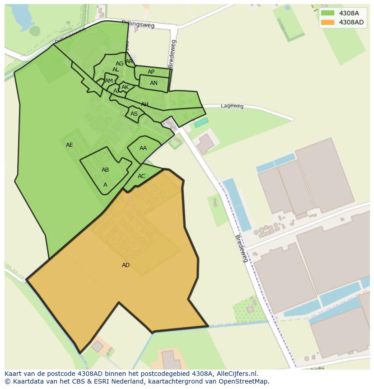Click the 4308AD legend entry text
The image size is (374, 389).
tap(351, 22)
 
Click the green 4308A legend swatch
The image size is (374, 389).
tap(327, 13)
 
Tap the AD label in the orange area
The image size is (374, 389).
tap(126, 265)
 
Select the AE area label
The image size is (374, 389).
tap(69, 145)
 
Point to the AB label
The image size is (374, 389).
tap(105, 170)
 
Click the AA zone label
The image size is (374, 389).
tap(143, 148)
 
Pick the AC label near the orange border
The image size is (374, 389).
tap(141, 176)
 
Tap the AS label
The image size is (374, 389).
tap(134, 114)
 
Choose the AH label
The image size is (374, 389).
tap(145, 104)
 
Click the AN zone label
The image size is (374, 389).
tap(154, 83)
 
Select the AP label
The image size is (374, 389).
tap(151, 72)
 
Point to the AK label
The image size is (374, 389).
tap(125, 87)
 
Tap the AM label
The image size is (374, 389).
tap(109, 81)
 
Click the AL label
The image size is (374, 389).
tap(116, 70)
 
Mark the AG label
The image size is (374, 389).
tap(119, 64)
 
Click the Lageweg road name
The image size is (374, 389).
tap(232, 106)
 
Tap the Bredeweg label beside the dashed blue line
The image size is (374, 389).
tap(242, 248)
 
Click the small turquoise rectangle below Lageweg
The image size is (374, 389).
tap(201, 122)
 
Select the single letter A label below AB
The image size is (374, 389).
tap(105, 185)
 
